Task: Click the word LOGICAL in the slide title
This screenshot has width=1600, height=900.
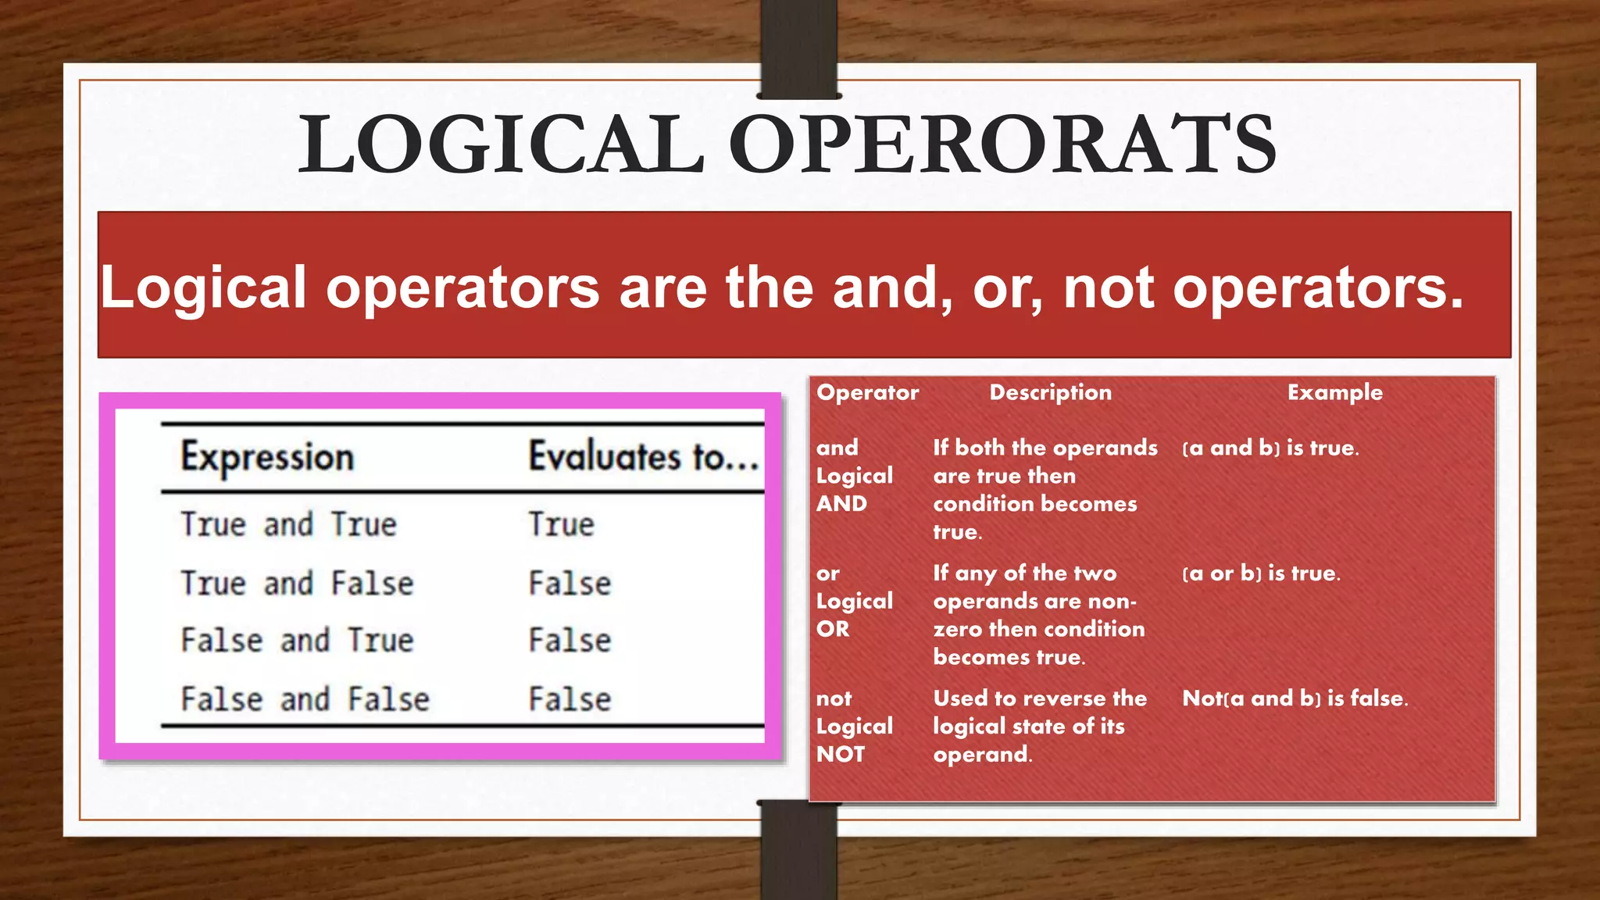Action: tap(502, 145)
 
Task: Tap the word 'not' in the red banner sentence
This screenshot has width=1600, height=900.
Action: tap(1108, 287)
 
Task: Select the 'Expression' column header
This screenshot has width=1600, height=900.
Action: tap(267, 457)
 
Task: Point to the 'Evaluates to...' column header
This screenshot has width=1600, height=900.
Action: tap(643, 457)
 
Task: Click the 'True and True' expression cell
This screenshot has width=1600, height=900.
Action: tap(288, 524)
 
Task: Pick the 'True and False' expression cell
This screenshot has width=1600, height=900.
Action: tap(297, 584)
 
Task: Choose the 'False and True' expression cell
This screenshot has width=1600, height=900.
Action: tap(297, 641)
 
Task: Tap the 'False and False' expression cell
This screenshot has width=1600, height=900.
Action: tap(305, 699)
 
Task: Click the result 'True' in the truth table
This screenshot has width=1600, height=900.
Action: tap(561, 524)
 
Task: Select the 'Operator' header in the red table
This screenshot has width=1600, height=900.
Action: tap(867, 392)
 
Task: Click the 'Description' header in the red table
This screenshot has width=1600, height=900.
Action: tap(1050, 392)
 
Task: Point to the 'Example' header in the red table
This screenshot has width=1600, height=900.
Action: tap(1334, 392)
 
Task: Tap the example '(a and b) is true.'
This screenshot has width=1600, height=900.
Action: tap(1270, 448)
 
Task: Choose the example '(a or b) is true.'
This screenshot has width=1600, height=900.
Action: tap(1261, 573)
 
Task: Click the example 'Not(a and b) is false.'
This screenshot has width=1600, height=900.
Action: tap(1295, 698)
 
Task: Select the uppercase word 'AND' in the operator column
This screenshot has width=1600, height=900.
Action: tap(841, 504)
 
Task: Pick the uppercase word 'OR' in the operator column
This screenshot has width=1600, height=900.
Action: tap(833, 629)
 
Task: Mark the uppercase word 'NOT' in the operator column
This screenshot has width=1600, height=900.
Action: tap(841, 754)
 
